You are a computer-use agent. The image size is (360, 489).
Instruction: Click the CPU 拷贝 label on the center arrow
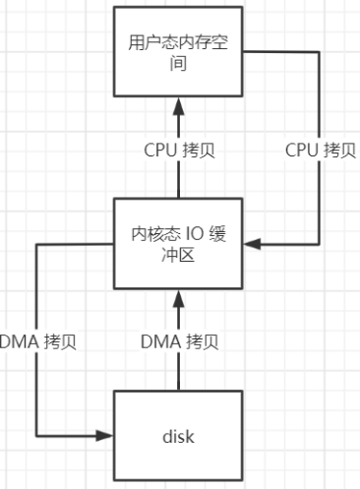pos(178,151)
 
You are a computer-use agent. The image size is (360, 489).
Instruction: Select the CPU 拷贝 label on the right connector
pos(317,151)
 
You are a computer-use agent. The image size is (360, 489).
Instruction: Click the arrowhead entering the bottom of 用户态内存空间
pos(178,102)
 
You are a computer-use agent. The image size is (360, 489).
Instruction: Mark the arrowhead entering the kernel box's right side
pos(251,242)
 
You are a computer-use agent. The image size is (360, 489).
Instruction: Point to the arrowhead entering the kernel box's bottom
pos(178,294)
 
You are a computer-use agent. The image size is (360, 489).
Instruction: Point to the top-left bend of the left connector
pos(36,242)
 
